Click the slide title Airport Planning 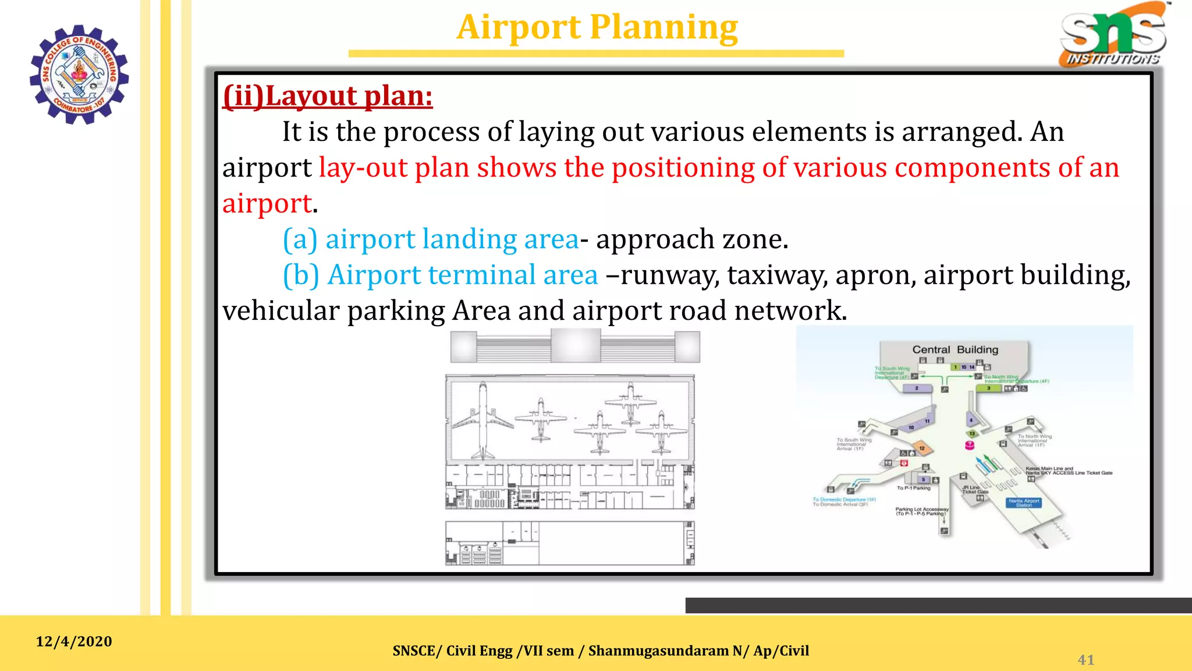[597, 27]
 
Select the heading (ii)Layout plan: [328, 96]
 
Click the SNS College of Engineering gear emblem [79, 75]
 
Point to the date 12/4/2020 [74, 641]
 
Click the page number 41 [1085, 659]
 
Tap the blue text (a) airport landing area [431, 239]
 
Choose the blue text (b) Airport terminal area [441, 275]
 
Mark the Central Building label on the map [955, 349]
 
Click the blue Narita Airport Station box [1024, 503]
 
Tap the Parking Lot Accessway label [921, 511]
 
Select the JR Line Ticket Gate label [974, 489]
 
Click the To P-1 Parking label [913, 488]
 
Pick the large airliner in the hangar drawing [483, 421]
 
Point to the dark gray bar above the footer [938, 605]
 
